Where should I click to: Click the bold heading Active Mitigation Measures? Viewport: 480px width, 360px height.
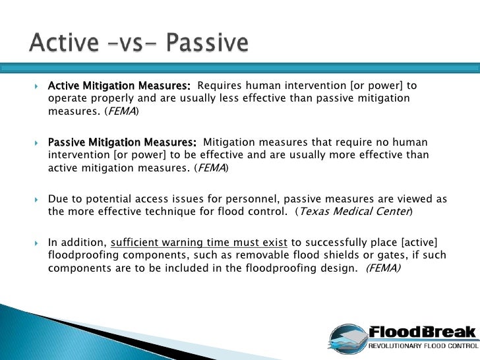pos(119,86)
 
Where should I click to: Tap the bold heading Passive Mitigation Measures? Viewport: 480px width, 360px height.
pos(122,142)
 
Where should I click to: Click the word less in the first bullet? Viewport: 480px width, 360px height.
pos(228,99)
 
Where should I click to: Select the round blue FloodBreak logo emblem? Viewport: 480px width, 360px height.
pos(348,338)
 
